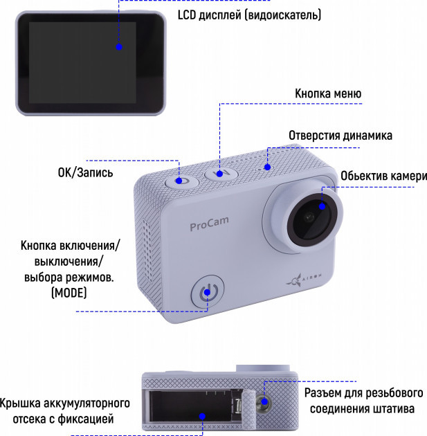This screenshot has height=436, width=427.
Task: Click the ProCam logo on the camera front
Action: coord(209,224)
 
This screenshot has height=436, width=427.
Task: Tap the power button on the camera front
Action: coord(208,292)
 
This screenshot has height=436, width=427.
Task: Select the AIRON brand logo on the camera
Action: coord(304,280)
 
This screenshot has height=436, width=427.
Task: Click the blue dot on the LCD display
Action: coord(119,47)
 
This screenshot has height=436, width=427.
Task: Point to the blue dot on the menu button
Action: coord(219,174)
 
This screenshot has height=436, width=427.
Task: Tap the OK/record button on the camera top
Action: coord(182,182)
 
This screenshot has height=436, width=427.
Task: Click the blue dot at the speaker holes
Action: coord(267,167)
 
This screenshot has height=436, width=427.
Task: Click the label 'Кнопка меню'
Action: coord(328,93)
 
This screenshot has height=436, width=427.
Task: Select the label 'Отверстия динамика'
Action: coord(340,136)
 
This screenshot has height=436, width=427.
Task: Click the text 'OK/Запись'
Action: coord(85,173)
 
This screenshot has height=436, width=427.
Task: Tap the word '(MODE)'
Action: coord(69,293)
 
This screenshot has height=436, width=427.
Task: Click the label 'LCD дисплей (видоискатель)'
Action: coord(249,15)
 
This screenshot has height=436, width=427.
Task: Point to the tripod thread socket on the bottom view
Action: coord(264,402)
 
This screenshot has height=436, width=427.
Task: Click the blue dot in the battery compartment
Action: coord(202,416)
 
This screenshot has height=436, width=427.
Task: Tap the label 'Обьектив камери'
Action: coord(384,176)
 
